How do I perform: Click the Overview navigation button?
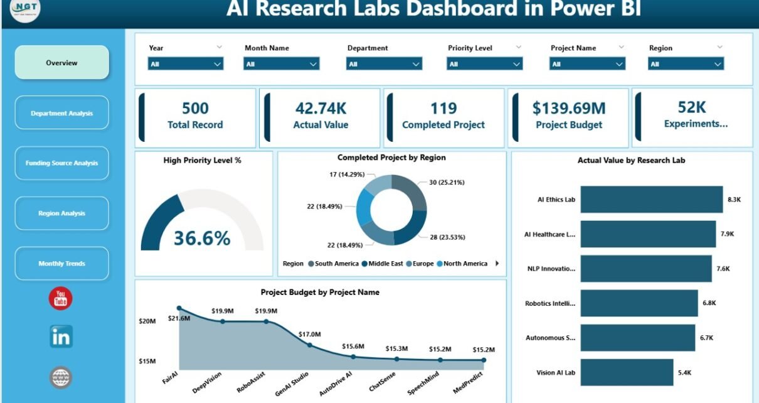click(x=61, y=63)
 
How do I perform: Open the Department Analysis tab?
click(x=61, y=113)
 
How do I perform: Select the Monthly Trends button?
click(x=61, y=264)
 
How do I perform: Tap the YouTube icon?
click(x=61, y=298)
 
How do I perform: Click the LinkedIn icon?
click(x=61, y=336)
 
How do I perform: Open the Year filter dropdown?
click(x=186, y=64)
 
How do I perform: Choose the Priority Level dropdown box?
click(x=484, y=64)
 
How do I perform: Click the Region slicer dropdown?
click(x=686, y=64)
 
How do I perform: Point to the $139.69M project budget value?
click(x=569, y=109)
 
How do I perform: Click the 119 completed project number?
click(x=443, y=109)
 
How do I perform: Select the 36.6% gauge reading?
click(x=202, y=238)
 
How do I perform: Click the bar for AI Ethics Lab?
click(x=652, y=200)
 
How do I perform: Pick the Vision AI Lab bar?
click(x=627, y=372)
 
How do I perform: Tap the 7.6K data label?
click(x=723, y=269)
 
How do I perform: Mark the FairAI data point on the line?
click(x=179, y=308)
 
